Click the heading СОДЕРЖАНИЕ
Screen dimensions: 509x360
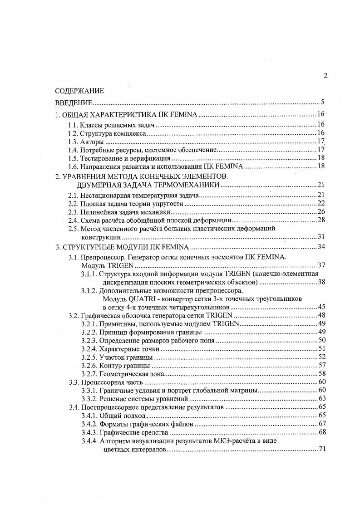click(79, 91)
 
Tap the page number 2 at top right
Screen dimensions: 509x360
click(325, 76)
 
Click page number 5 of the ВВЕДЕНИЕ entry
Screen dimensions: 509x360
click(321, 102)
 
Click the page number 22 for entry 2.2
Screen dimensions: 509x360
click(320, 203)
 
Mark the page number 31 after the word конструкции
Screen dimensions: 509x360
click(320, 237)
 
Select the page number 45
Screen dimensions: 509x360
click(320, 307)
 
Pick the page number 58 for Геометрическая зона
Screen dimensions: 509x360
click(320, 374)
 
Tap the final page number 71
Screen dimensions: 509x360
click(320, 449)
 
